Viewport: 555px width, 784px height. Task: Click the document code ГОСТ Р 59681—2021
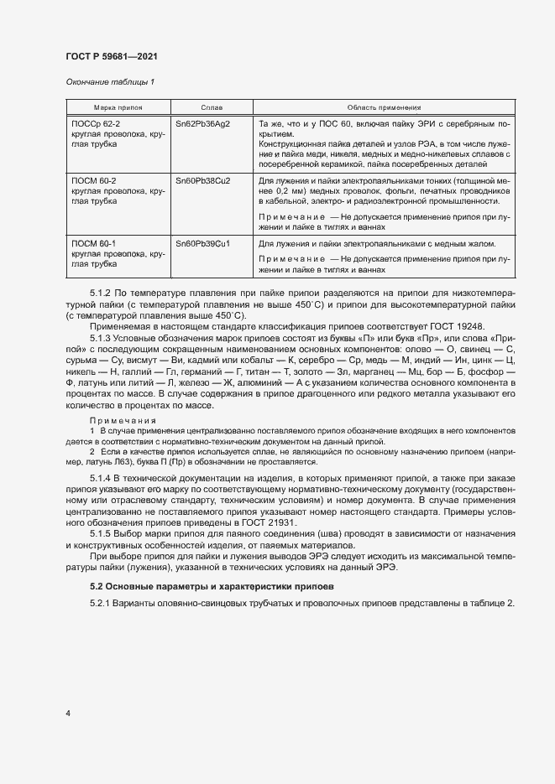point(111,56)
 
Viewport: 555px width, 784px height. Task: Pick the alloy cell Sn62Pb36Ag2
point(202,123)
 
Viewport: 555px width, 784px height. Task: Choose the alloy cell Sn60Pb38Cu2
point(202,180)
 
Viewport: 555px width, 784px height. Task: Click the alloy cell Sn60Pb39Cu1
point(202,243)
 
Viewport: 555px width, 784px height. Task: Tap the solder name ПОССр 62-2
point(95,123)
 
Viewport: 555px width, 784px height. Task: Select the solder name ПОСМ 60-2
point(94,180)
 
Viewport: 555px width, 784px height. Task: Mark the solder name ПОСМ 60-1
point(94,243)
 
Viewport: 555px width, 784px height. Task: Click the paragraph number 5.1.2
point(101,292)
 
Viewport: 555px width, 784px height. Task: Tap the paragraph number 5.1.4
point(101,475)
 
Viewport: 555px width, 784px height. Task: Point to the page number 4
point(67,714)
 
